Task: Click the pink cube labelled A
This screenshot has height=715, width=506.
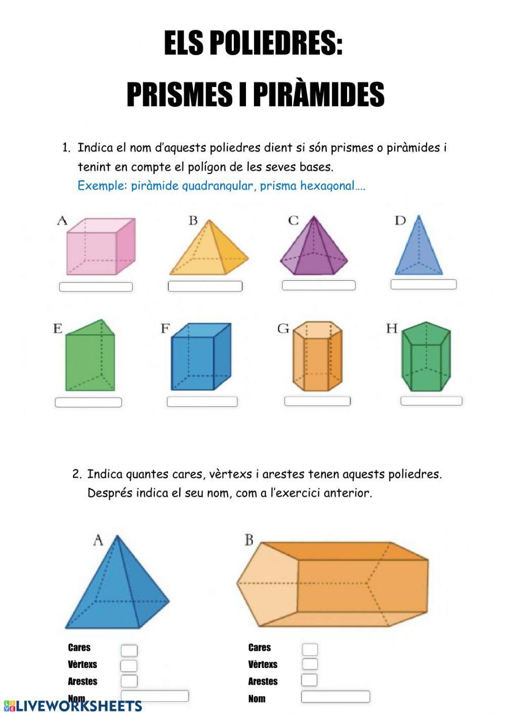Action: pyautogui.click(x=100, y=246)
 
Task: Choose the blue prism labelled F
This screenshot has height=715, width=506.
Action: pyautogui.click(x=200, y=357)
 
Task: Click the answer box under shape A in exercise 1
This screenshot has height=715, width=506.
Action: pyautogui.click(x=96, y=287)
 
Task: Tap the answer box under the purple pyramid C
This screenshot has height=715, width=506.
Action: pyautogui.click(x=318, y=285)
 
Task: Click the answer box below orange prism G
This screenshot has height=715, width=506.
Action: pyautogui.click(x=317, y=401)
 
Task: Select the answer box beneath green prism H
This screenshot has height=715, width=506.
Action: pyautogui.click(x=431, y=401)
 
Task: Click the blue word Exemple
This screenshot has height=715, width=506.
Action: pyautogui.click(x=102, y=186)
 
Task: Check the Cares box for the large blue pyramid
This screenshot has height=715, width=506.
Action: pyautogui.click(x=129, y=650)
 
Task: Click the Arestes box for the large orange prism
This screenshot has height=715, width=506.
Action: pyautogui.click(x=309, y=680)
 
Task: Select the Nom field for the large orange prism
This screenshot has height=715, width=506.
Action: pyautogui.click(x=335, y=697)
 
